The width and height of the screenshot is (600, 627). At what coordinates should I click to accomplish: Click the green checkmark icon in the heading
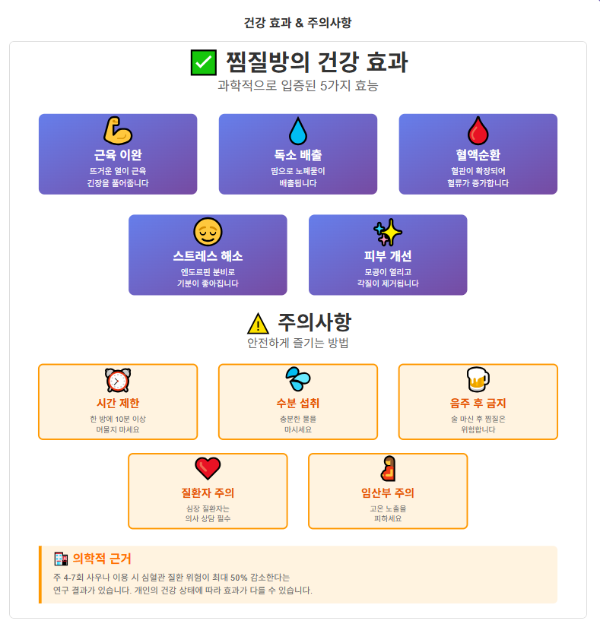204,62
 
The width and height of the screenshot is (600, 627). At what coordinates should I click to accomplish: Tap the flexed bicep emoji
118,131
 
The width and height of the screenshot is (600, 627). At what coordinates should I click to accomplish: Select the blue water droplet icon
298,131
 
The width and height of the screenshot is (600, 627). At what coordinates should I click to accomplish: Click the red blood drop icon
478,131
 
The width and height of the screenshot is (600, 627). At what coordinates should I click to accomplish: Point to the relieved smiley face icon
208,231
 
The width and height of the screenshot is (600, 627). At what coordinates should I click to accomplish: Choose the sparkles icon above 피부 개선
388,231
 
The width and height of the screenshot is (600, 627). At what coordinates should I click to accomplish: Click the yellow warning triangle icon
259,324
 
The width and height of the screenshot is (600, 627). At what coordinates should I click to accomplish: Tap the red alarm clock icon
118,379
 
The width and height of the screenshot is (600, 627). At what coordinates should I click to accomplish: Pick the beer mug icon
478,378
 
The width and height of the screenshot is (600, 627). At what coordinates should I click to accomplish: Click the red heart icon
208,468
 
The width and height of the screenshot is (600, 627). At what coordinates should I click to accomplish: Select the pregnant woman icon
388,468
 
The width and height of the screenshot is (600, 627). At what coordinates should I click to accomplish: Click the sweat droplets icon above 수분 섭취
298,378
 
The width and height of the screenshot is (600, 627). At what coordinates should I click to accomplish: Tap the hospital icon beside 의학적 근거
61,559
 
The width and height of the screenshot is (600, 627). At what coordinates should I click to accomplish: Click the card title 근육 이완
118,155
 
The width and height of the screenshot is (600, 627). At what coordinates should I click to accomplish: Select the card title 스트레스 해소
208,256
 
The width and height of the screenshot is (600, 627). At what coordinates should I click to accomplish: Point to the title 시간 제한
118,404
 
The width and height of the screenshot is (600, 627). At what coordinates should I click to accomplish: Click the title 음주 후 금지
478,404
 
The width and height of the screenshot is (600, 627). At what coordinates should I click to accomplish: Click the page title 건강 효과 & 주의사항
297,23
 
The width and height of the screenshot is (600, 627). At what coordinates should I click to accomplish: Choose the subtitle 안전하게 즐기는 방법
297,343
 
